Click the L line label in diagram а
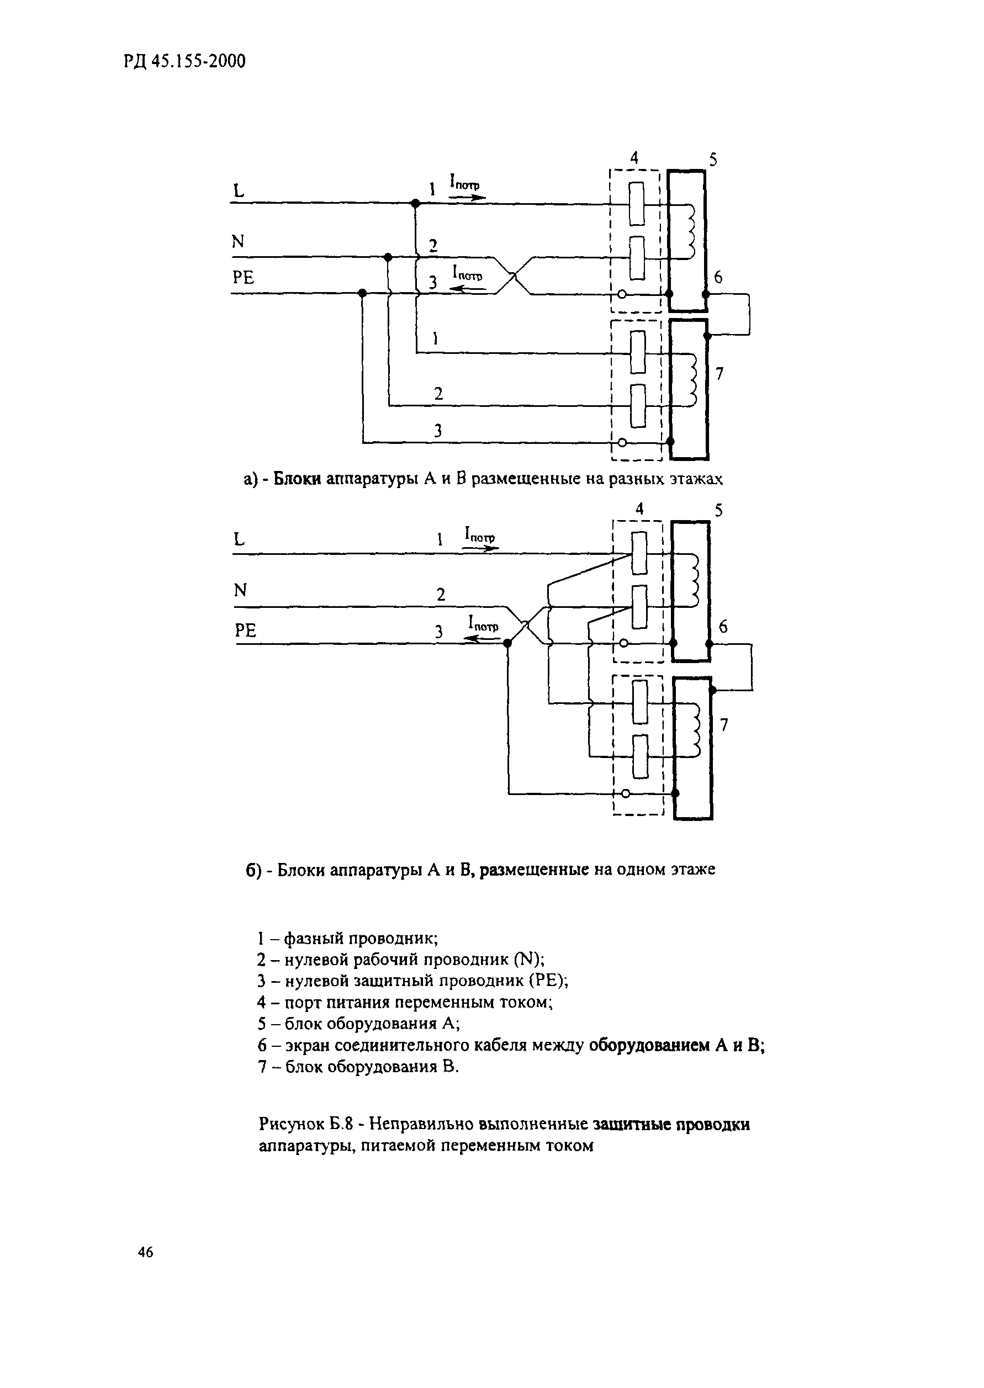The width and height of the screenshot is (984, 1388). (239, 191)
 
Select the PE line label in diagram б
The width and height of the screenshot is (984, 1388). (245, 631)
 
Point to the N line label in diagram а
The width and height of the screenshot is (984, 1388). (238, 242)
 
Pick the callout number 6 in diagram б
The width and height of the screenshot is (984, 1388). (723, 627)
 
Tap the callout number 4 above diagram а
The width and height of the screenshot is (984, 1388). (634, 158)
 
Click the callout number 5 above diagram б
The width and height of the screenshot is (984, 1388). (718, 511)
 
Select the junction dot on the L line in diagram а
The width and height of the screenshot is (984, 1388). (415, 204)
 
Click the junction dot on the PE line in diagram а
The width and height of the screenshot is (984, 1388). (362, 294)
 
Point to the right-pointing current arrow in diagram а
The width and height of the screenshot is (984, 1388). (467, 198)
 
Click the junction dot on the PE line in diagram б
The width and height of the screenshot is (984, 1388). (508, 643)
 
